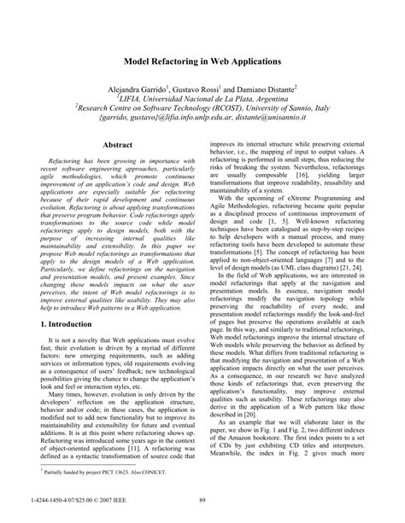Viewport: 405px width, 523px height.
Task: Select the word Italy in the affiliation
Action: [319, 108]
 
